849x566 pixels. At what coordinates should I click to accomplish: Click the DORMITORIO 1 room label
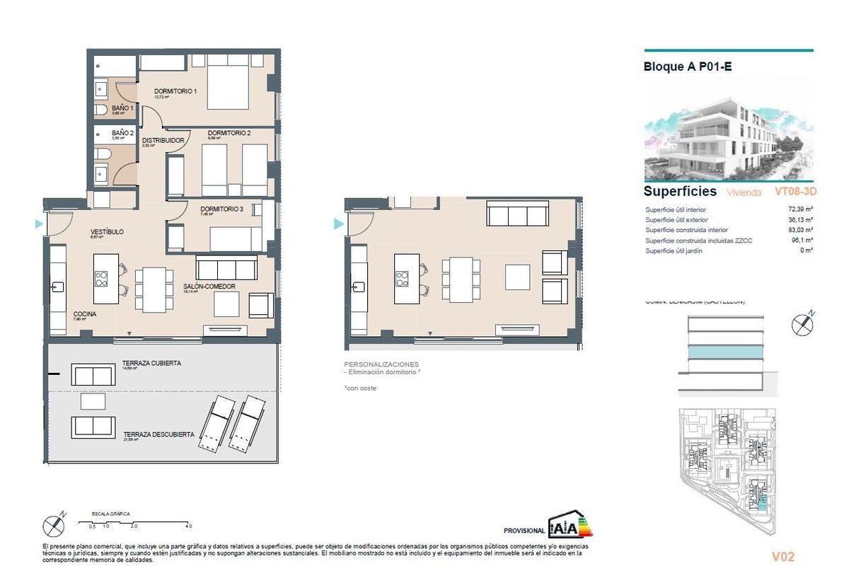(x=175, y=91)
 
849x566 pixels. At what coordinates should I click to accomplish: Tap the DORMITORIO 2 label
(x=229, y=133)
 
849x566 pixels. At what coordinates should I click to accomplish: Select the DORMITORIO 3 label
(x=221, y=209)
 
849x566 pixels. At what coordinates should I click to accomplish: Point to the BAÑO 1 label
(x=122, y=108)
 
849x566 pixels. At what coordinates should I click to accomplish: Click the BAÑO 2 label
(x=122, y=132)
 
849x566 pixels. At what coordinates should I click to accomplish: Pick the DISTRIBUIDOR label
(x=163, y=140)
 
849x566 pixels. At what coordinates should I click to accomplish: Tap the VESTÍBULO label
(x=108, y=232)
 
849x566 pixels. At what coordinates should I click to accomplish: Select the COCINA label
(x=85, y=313)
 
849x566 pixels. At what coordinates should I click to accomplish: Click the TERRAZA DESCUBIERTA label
(x=158, y=434)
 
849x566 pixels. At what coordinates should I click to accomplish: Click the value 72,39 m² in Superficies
(x=799, y=209)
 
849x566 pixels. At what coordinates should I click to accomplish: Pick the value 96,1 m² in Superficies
(x=800, y=241)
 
